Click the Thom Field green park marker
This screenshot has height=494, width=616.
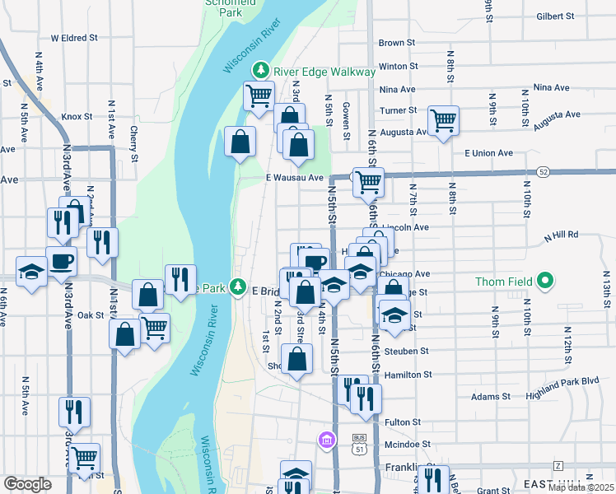(544, 282)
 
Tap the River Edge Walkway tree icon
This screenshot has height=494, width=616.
(262, 71)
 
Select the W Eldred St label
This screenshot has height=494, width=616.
(74, 38)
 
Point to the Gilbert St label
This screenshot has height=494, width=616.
(554, 16)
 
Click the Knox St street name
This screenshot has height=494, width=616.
(77, 117)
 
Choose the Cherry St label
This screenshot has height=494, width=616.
(133, 143)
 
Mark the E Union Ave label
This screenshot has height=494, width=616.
(488, 153)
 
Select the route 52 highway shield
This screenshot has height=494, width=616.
(542, 172)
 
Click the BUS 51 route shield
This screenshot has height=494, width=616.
(358, 445)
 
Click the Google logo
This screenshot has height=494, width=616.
(27, 484)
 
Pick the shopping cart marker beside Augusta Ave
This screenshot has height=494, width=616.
(443, 121)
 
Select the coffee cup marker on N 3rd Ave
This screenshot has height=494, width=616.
(61, 261)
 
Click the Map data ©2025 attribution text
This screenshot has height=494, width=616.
(581, 487)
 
